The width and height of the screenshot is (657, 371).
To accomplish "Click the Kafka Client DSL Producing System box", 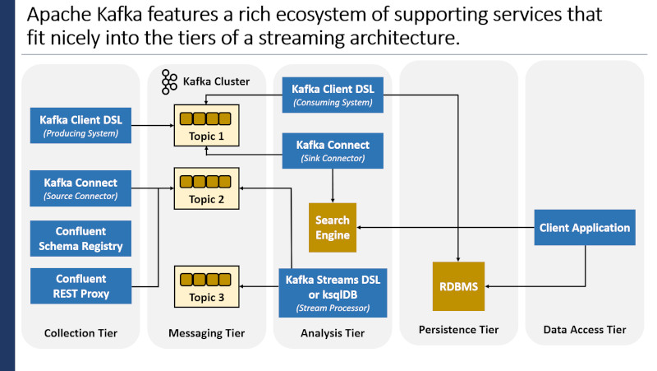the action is coord(80,126).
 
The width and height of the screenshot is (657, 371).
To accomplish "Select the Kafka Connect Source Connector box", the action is coord(80,188).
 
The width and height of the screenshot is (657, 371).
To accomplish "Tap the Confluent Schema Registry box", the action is coord(80,239).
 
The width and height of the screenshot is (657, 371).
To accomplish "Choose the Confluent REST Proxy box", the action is coord(80,285).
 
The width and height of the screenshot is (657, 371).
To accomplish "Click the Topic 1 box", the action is coord(207,126).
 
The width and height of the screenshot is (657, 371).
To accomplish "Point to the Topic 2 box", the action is coord(207,188).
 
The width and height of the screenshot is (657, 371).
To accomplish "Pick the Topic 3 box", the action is coord(207,286).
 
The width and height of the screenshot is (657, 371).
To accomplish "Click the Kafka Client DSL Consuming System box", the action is coord(333,95).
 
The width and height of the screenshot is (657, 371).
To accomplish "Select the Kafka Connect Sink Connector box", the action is coord(333,151).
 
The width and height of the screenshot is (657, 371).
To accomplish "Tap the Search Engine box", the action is coord(333,228).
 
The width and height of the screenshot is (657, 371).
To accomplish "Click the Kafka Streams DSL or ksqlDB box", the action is coord(333,293).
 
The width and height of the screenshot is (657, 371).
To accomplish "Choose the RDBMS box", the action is coord(458,286).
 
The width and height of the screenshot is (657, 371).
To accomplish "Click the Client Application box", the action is coord(585,228).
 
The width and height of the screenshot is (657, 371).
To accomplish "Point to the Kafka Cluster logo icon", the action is coord(169,81).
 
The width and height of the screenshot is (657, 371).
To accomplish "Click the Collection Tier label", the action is coord(80,333).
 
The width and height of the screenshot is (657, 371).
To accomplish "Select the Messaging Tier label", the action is coord(207,333).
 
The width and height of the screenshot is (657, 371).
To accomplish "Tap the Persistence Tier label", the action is coord(458,329).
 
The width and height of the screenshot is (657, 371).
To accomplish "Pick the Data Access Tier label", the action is coord(585,329).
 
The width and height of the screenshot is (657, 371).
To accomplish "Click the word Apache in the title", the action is coord(59,15).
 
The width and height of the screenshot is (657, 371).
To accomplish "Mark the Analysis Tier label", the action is coord(333,333).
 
